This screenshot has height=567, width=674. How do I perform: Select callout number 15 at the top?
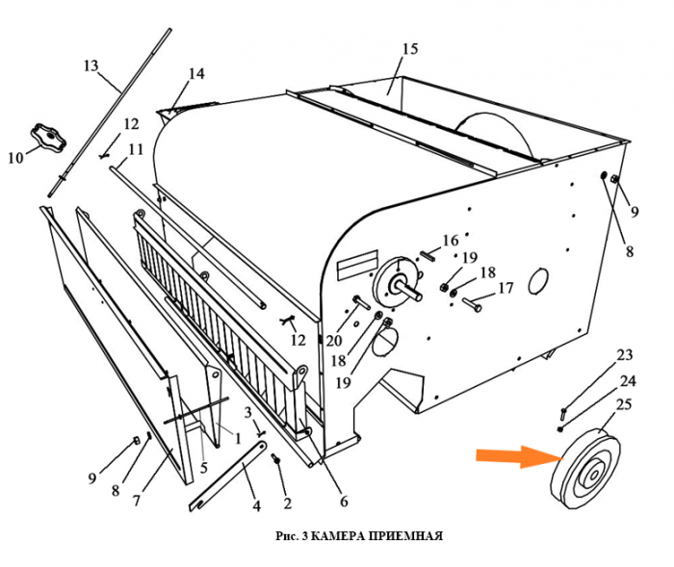[409, 49]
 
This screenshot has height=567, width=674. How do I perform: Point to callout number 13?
[91, 65]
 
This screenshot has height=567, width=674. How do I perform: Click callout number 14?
[196, 73]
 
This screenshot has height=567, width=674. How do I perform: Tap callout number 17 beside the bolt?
[505, 287]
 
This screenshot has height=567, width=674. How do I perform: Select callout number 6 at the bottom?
[343, 501]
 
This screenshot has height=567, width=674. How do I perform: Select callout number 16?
[451, 240]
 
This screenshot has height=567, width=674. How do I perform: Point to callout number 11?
[136, 149]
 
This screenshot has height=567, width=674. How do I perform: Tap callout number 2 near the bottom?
[286, 501]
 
